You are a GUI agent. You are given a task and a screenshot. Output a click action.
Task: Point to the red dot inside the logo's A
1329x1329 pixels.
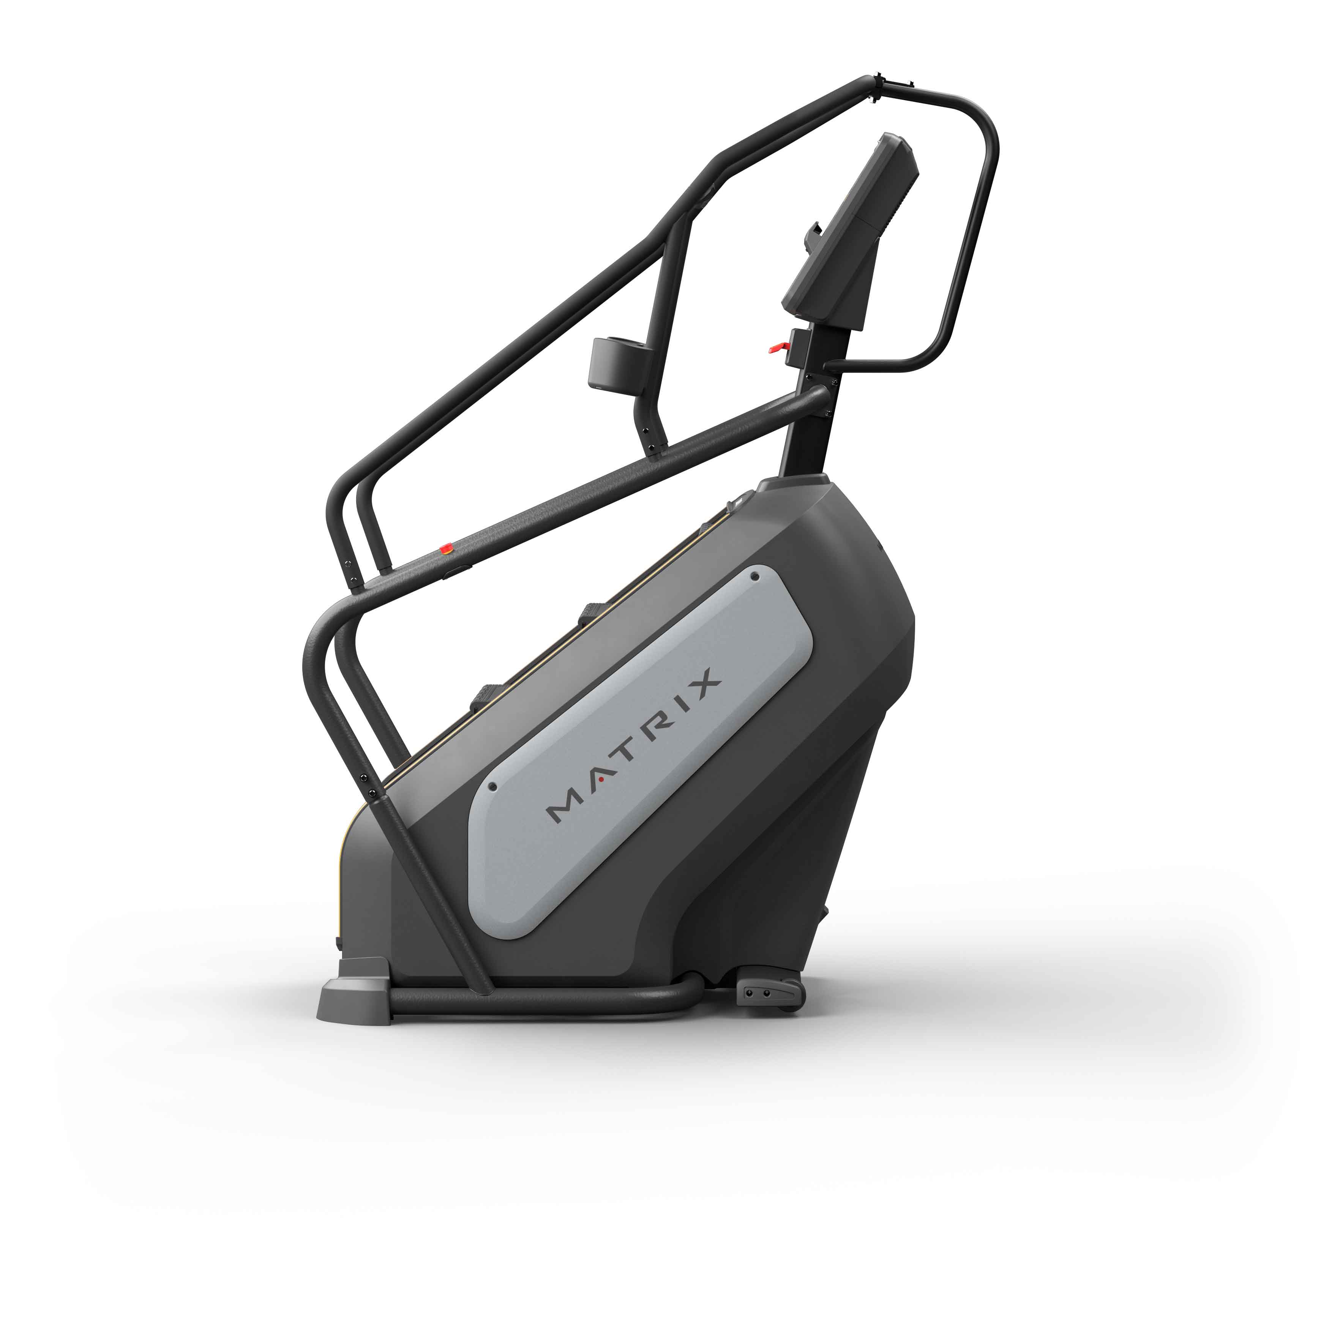pos(601,780)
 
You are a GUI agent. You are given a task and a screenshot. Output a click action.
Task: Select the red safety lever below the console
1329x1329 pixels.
pos(778,347)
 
